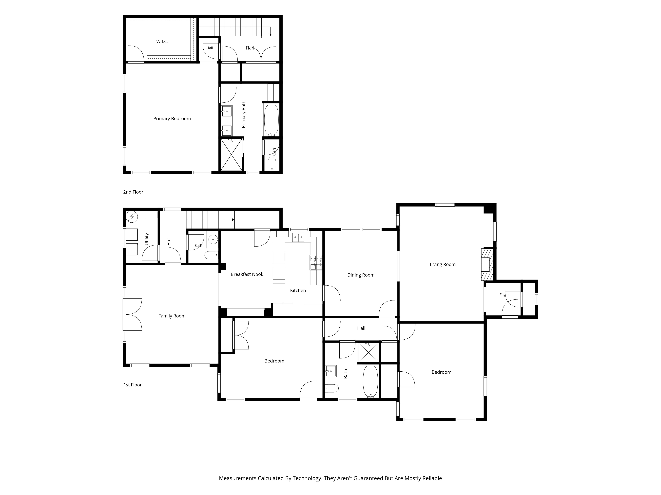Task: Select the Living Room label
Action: [443, 264]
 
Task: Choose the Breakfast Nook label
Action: [247, 274]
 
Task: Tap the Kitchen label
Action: [298, 290]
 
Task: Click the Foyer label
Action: [504, 295]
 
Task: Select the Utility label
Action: [147, 239]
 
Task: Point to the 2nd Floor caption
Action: [133, 192]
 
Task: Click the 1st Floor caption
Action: [132, 385]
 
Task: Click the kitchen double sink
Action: [298, 237]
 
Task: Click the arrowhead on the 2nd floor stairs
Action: [271, 35]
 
